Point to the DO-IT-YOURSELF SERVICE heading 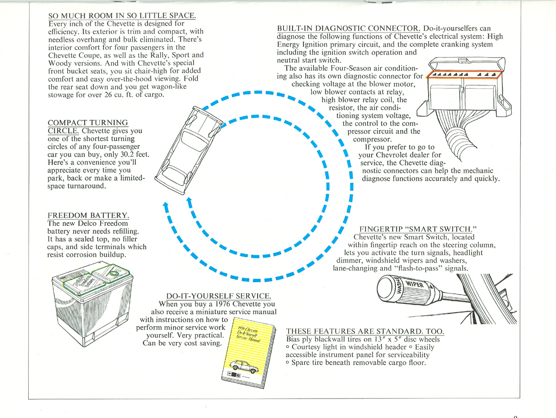(x=219, y=296)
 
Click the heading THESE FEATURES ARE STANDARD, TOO (x=365, y=331)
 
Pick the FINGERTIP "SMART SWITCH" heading (x=418, y=229)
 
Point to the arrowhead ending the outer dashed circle (x=165, y=205)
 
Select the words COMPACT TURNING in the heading (x=88, y=123)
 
